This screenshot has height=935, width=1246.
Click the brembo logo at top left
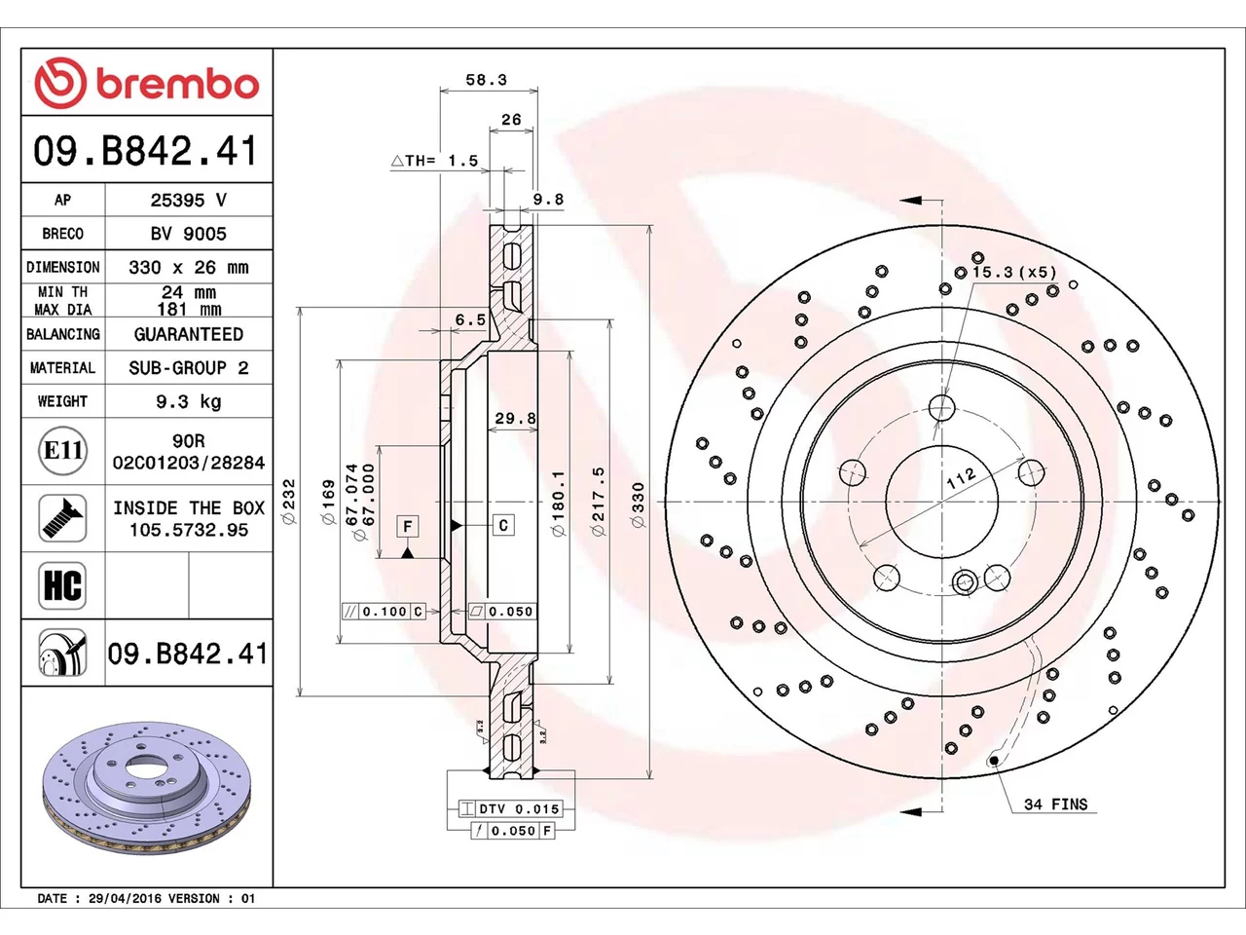click(146, 83)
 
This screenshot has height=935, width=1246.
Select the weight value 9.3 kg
click(189, 401)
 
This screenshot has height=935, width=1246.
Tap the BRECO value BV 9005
click(189, 234)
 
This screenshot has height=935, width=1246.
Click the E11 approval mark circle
click(62, 451)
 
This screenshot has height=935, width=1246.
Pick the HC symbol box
click(62, 585)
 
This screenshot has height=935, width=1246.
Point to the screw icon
click(62, 518)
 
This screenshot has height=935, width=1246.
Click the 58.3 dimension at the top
click(486, 80)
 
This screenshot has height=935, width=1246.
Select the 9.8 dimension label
click(548, 200)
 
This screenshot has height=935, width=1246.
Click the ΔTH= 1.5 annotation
click(435, 161)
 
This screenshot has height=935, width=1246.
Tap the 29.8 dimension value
click(515, 419)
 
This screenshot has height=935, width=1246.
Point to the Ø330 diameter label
click(638, 505)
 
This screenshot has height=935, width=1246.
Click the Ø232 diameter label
click(289, 502)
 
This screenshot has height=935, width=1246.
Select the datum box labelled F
click(408, 527)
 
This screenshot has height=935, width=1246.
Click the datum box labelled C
click(503, 525)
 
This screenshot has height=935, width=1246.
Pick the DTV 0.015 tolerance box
click(511, 808)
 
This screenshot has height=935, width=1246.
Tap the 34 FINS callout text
click(1056, 804)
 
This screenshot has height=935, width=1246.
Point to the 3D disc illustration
click(146, 788)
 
